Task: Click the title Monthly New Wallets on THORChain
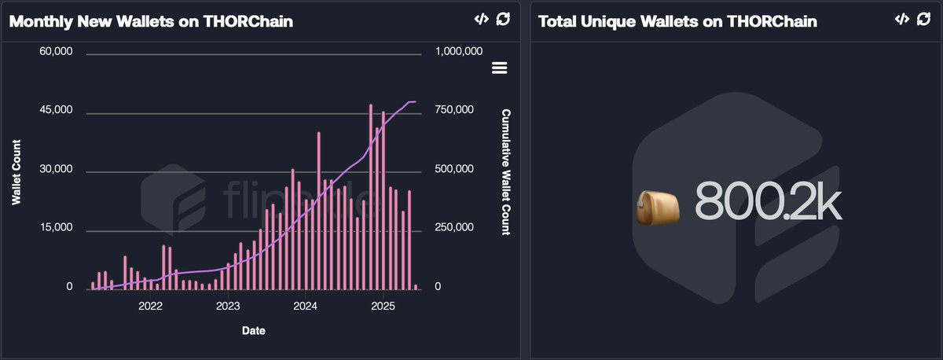click(151, 21)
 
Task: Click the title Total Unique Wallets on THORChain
click(677, 21)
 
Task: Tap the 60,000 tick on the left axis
click(56, 52)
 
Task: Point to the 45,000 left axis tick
click(56, 110)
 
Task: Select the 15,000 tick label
click(56, 228)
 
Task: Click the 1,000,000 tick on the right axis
click(458, 52)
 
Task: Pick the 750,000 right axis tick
click(453, 110)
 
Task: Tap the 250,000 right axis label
click(453, 228)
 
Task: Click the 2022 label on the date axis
click(150, 306)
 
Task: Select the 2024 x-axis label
click(305, 306)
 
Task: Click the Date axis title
click(253, 331)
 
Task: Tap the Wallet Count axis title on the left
click(17, 172)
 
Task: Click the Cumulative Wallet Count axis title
click(506, 172)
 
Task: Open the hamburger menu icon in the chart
click(499, 68)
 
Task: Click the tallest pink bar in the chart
click(371, 197)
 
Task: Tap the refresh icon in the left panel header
click(503, 20)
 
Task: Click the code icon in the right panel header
click(901, 20)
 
